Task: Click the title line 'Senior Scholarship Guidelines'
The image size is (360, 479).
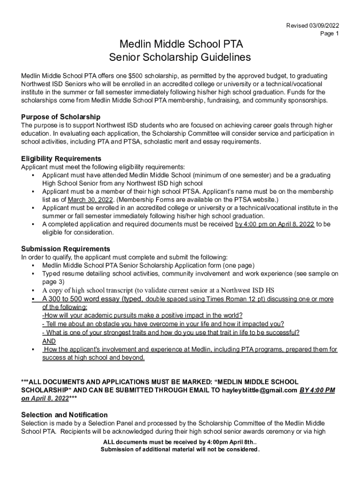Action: (180, 58)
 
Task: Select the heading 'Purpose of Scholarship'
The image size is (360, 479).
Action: (61, 116)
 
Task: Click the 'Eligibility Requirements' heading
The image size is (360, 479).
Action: (61, 159)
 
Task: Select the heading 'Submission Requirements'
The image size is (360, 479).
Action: (65, 248)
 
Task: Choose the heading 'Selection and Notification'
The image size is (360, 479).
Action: (65, 414)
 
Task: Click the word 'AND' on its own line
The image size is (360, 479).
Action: (49, 341)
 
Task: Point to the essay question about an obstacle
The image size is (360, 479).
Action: (163, 324)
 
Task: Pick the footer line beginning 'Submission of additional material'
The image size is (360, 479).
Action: (180, 450)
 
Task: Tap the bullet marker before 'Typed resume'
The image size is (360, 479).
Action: (33, 274)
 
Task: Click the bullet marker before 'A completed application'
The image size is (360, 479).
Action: (33, 225)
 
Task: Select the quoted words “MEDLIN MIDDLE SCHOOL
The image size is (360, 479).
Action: (255, 382)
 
